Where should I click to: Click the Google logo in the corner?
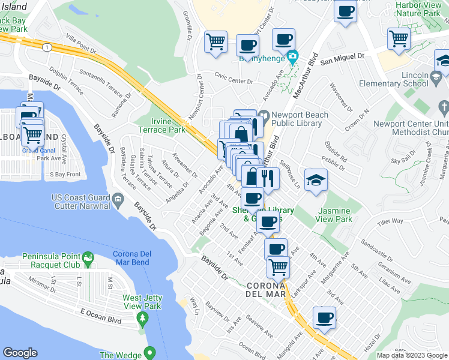click(x=20, y=353)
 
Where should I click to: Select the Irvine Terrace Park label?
click(x=161, y=125)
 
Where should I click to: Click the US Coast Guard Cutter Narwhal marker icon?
click(x=118, y=199)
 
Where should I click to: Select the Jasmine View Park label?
click(x=335, y=215)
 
